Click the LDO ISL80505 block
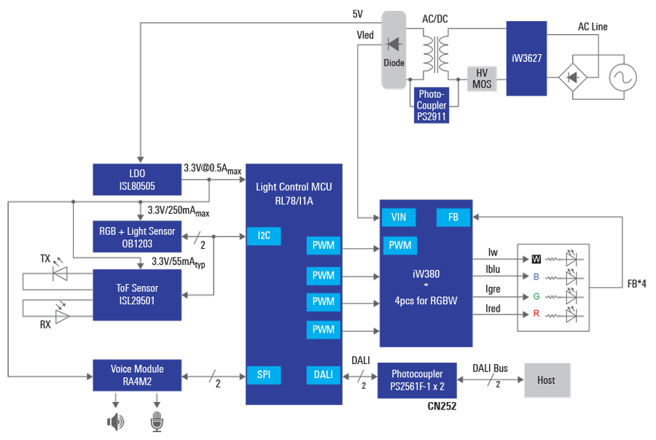coord(137,180)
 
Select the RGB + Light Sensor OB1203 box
coord(137,236)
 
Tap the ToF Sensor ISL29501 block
coord(137,294)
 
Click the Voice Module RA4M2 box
coord(137,375)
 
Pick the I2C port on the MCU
coord(263,236)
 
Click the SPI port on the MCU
coord(263,374)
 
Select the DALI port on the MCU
coord(324,374)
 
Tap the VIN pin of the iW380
coord(399,217)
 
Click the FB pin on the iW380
coord(453,217)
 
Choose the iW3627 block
coord(526,58)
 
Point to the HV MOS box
coord(482,78)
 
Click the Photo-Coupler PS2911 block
coord(431,106)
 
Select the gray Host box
coord(546,380)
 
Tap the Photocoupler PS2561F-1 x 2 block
coord(417,380)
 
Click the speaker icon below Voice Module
coord(115,421)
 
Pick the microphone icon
coord(157,421)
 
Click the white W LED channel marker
coord(536,258)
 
